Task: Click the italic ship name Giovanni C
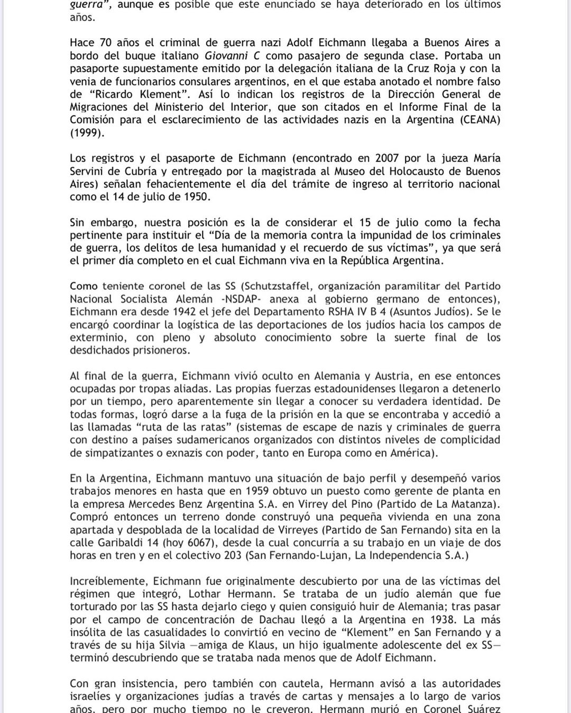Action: click(x=232, y=55)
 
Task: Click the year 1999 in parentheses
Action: click(x=87, y=133)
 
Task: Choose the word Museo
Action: click(x=352, y=171)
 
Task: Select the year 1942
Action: click(x=182, y=312)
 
